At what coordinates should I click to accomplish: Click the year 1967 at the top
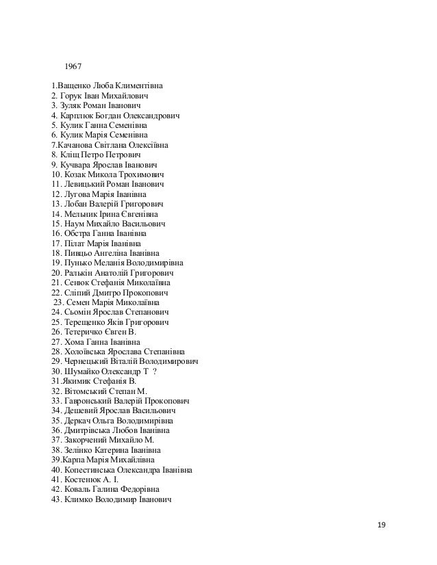(x=73, y=68)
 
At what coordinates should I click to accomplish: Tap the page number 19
(x=382, y=525)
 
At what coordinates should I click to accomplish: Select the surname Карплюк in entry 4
(x=82, y=116)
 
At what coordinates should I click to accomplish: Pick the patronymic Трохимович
(x=146, y=175)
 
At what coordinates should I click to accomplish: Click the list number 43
(x=56, y=499)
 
